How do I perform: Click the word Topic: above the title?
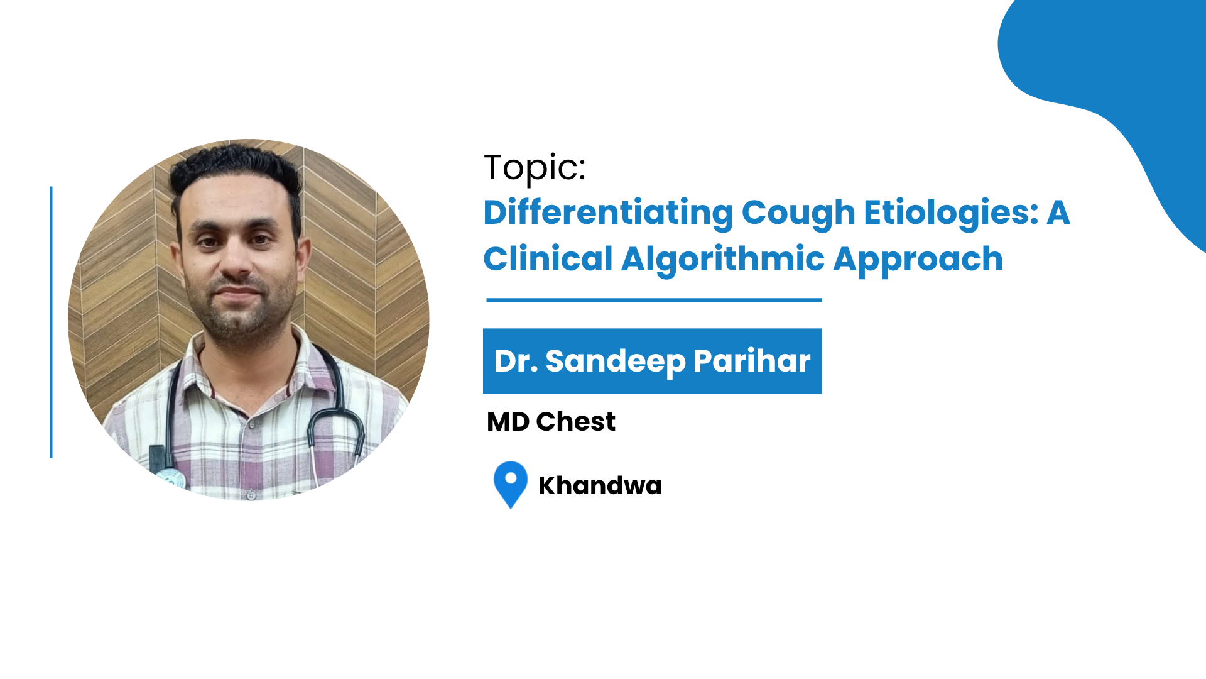click(535, 168)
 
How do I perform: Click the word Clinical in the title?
click(548, 259)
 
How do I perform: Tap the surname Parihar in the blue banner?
click(752, 361)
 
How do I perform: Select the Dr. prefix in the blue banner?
click(516, 361)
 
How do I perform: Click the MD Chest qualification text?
click(551, 422)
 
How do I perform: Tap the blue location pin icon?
click(511, 485)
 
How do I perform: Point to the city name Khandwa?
click(600, 486)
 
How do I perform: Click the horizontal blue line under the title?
click(654, 300)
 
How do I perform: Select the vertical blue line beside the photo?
click(51, 322)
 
